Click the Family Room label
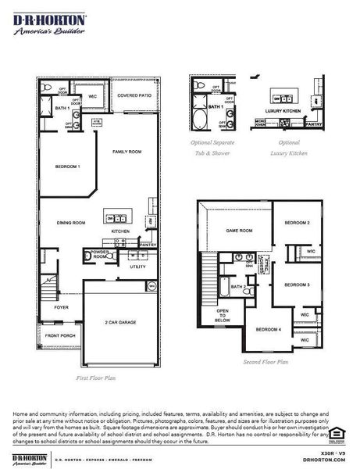(126, 151)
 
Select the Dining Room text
(70, 223)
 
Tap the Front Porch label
(60, 336)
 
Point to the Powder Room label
(99, 254)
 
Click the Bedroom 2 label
(297, 223)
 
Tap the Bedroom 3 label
(297, 285)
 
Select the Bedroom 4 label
(269, 329)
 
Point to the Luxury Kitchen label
(283, 112)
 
